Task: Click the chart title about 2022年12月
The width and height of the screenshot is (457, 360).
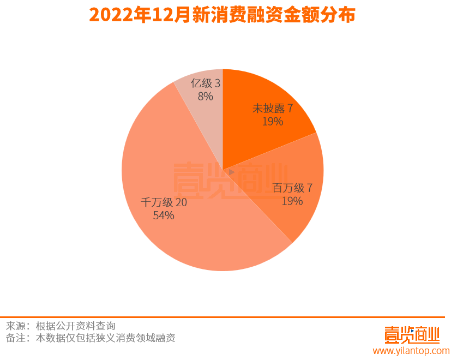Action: click(x=222, y=15)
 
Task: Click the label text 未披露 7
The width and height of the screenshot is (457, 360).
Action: click(x=272, y=109)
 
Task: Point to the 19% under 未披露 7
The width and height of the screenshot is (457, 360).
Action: click(x=272, y=122)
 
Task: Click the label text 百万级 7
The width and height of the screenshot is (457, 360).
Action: click(x=292, y=188)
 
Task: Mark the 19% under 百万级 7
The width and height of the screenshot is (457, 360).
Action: click(x=292, y=201)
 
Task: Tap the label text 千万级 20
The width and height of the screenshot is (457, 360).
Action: click(x=164, y=202)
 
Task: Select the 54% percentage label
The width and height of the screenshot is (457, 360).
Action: click(x=164, y=215)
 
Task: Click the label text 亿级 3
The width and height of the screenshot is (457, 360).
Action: click(x=206, y=83)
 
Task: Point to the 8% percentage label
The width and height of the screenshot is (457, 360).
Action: click(x=206, y=97)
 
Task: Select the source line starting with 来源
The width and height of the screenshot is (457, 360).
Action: click(x=61, y=326)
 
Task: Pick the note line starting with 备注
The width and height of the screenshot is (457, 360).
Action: click(x=91, y=338)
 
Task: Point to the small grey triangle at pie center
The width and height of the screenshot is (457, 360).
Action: click(x=231, y=172)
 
